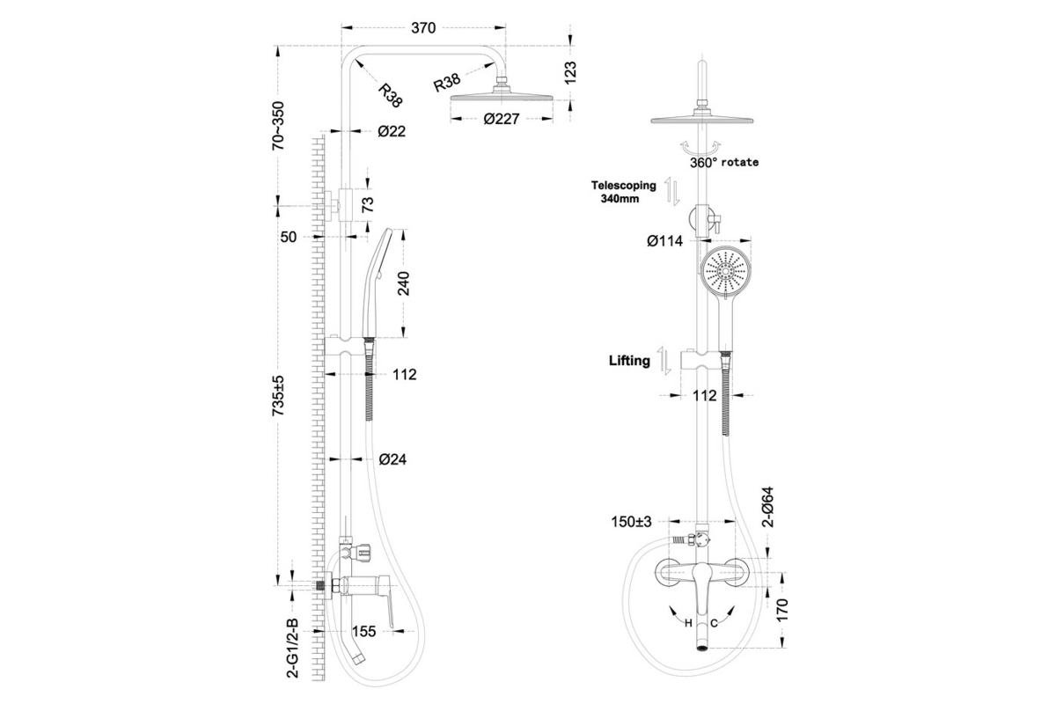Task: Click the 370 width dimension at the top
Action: [x=423, y=27]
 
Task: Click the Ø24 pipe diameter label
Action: [x=392, y=458]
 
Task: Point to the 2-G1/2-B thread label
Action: [x=293, y=647]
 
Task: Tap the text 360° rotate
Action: [x=723, y=163]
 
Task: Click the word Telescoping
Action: [x=623, y=186]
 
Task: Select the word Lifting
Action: [x=629, y=360]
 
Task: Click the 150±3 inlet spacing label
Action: [x=632, y=522]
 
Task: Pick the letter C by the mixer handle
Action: [x=715, y=623]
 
